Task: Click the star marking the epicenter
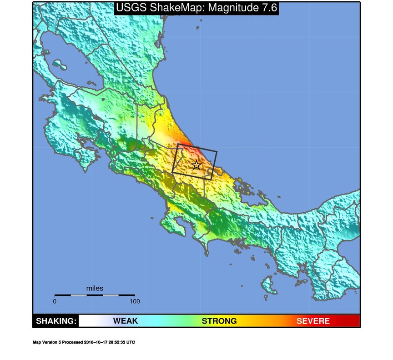[196, 165]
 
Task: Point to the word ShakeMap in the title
[176, 8]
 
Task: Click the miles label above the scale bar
[95, 288]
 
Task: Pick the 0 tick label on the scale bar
[55, 301]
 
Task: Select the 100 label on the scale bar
[135, 301]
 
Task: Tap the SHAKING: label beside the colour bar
[55, 321]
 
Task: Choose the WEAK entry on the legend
[125, 321]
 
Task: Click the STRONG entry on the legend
[219, 321]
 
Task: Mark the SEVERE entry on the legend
[313, 321]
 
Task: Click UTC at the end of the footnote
[131, 342]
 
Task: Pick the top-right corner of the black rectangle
[217, 151]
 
